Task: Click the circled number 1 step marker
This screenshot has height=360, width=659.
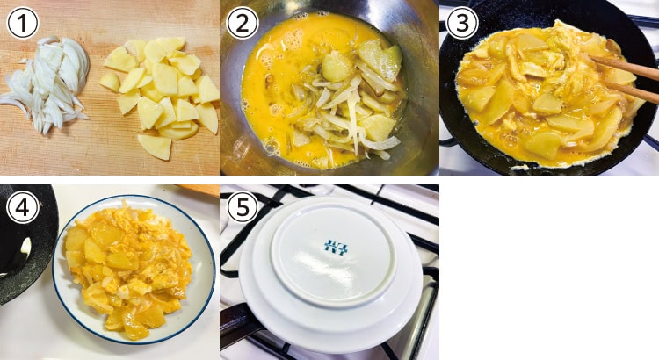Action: click(x=23, y=23)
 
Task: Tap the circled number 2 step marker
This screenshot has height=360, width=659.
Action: click(x=243, y=23)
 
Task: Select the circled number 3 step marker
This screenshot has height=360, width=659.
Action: click(x=462, y=23)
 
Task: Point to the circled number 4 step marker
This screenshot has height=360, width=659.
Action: click(x=23, y=207)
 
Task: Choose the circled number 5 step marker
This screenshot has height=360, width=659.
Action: click(x=243, y=207)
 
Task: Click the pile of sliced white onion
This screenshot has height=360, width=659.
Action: click(x=47, y=84)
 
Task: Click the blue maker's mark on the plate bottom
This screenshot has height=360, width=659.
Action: click(x=337, y=247)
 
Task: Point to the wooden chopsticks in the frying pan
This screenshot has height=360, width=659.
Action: click(x=622, y=78)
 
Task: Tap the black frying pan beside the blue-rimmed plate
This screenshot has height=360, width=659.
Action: click(x=26, y=243)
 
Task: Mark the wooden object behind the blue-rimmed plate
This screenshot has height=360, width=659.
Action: click(x=198, y=190)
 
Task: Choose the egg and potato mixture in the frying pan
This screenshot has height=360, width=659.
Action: click(x=547, y=90)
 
